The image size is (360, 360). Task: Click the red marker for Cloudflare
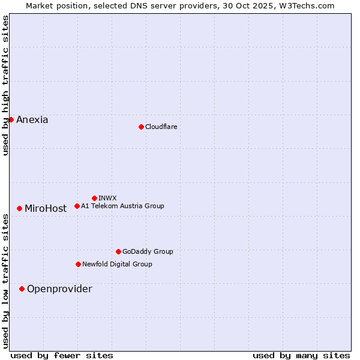pyautogui.click(x=141, y=127)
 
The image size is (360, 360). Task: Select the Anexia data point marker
pyautogui.click(x=11, y=119)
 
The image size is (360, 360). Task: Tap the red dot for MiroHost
pyautogui.click(x=20, y=208)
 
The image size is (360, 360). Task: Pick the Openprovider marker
pyautogui.click(x=22, y=289)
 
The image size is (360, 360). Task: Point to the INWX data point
pyautogui.click(x=94, y=198)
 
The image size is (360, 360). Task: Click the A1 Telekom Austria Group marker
pyautogui.click(x=77, y=206)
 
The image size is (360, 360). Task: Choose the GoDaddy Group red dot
pyautogui.click(x=118, y=251)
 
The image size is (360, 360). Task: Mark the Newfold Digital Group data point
pyautogui.click(x=78, y=264)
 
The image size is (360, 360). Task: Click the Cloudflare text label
pyautogui.click(x=161, y=127)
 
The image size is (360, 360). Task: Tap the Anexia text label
pyautogui.click(x=32, y=119)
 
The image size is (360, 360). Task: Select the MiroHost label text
pyautogui.click(x=46, y=209)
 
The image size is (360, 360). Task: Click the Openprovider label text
pyautogui.click(x=59, y=289)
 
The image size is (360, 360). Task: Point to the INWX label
pyautogui.click(x=107, y=198)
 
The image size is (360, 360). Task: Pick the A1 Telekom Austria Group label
pyautogui.click(x=122, y=206)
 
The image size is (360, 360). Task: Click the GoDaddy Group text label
pyautogui.click(x=148, y=251)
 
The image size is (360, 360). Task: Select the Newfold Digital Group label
pyautogui.click(x=117, y=264)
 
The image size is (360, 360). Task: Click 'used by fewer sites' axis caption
pyautogui.click(x=62, y=355)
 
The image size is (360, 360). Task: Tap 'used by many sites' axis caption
pyautogui.click(x=301, y=355)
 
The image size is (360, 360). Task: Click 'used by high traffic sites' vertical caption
pyautogui.click(x=6, y=86)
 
